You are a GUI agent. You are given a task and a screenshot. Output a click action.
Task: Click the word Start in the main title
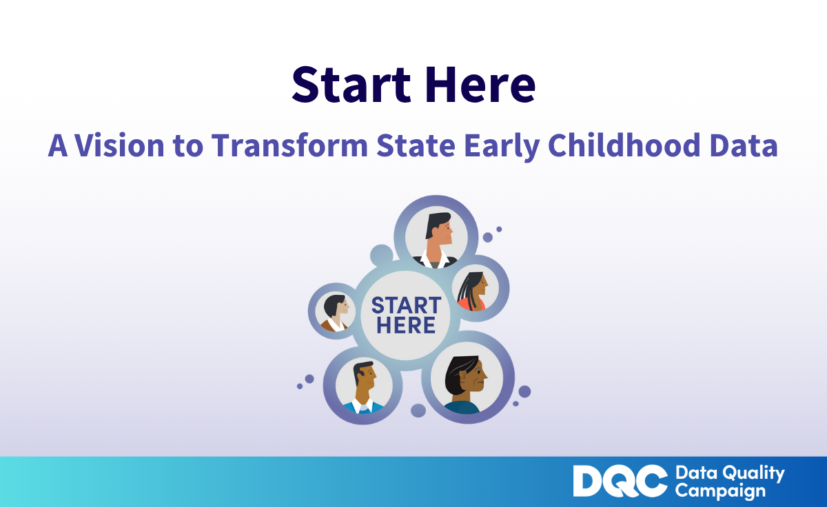351,85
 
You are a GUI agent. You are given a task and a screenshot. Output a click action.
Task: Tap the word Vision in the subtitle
120,145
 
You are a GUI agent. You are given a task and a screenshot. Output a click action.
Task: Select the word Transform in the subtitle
289,145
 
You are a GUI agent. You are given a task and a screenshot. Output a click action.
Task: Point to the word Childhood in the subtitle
624,145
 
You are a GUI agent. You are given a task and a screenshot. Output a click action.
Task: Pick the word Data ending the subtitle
744,145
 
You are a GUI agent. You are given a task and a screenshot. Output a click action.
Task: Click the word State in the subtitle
416,145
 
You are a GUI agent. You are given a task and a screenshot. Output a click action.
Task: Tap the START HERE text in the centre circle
406,315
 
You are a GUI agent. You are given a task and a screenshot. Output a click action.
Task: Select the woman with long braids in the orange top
473,291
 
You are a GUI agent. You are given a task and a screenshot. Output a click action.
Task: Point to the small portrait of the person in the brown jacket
335,313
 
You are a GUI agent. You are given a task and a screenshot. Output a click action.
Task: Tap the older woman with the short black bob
465,384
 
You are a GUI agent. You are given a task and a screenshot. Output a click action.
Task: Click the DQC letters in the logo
620,481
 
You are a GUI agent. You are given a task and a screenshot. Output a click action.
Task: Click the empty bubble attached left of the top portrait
381,255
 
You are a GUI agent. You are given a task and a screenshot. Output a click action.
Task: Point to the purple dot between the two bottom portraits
418,411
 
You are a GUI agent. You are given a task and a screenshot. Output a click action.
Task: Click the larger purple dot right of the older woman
524,391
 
